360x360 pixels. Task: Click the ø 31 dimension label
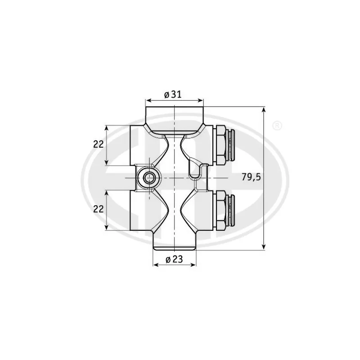pos(173,94)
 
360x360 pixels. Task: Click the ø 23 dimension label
pos(174,259)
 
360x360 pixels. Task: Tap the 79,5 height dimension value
pos(251,177)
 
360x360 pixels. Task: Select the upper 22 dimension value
pos(98,144)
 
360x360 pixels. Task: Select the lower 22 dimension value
pos(98,209)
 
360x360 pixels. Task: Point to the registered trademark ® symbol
pos(277,126)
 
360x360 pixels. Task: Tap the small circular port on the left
pos(149,178)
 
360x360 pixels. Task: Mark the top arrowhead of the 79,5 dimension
pos(264,110)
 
